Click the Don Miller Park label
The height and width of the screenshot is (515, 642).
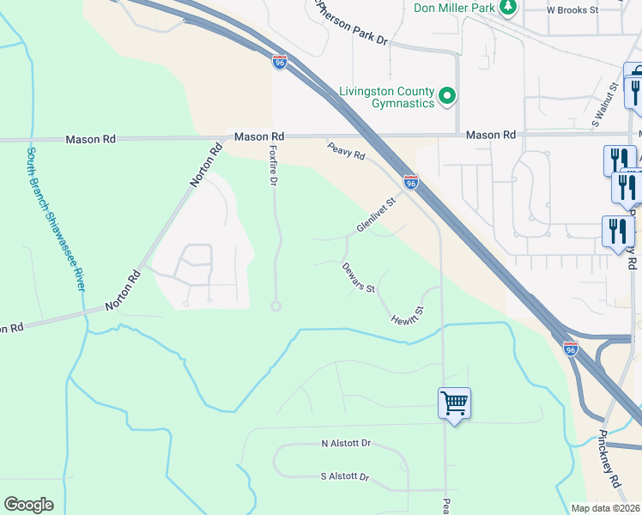click(x=455, y=8)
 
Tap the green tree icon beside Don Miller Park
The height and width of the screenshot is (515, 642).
click(x=508, y=8)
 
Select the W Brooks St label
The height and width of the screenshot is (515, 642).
click(x=572, y=10)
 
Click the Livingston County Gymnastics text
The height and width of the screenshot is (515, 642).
click(x=385, y=97)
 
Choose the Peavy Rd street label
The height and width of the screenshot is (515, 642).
click(x=346, y=152)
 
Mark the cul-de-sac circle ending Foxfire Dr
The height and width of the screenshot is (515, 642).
click(x=276, y=306)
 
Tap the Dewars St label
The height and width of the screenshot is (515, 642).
click(x=358, y=277)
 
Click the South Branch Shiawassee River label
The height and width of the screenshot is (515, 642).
click(x=55, y=218)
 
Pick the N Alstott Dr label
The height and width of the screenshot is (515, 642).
click(x=345, y=444)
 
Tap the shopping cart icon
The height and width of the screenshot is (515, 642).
click(x=454, y=402)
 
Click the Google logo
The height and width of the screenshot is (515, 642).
click(x=28, y=505)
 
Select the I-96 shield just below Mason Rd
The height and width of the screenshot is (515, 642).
click(x=411, y=182)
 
